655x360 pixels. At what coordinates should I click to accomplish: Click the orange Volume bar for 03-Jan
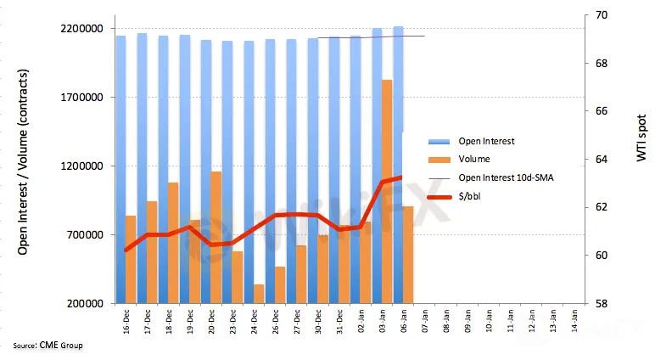(x=387, y=191)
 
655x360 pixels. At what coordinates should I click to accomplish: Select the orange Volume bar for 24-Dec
(x=259, y=294)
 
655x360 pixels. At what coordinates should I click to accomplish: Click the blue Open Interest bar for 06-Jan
(x=399, y=76)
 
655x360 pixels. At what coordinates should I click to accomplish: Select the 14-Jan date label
(x=574, y=321)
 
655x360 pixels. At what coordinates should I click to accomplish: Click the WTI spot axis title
(x=641, y=140)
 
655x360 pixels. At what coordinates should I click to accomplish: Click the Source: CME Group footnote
(x=48, y=346)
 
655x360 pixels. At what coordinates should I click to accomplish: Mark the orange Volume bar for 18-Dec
(x=173, y=243)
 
